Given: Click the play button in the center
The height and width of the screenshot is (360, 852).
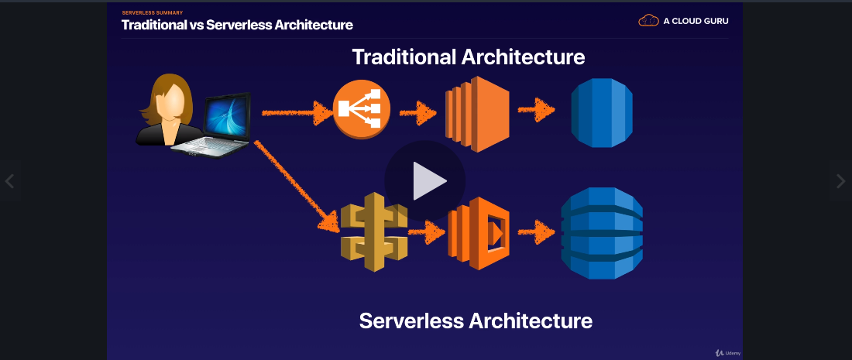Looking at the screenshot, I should [425, 181].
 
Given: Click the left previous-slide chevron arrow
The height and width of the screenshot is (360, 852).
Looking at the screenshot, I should [9, 182].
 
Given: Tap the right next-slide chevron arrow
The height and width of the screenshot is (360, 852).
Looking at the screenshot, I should [841, 182].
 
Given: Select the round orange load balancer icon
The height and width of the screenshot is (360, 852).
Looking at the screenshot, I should [362, 111].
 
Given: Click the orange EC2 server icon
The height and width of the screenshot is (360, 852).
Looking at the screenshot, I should [476, 113].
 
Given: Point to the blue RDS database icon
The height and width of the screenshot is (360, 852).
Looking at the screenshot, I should [602, 112].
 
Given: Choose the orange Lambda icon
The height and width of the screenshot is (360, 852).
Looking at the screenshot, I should [478, 232].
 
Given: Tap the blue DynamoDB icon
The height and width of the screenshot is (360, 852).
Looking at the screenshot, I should [602, 231].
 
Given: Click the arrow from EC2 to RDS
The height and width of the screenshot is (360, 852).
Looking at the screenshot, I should [537, 111].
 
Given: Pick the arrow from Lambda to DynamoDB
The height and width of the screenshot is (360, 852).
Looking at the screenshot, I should [537, 231].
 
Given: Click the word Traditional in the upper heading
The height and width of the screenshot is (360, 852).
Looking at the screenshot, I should [404, 57].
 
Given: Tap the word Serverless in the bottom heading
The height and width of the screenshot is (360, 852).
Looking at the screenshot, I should [411, 321].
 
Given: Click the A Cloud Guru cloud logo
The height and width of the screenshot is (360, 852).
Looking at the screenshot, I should [648, 21].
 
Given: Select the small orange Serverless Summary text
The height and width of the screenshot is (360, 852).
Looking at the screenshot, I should [152, 13].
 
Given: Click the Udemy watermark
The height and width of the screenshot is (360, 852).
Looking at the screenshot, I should [728, 352].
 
